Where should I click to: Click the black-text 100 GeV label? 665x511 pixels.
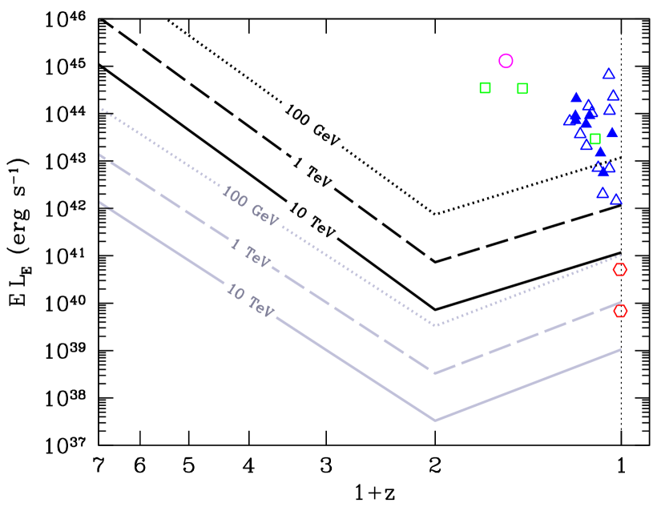tap(312, 124)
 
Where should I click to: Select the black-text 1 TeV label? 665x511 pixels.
tap(312, 172)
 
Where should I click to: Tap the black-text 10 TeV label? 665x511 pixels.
tap(312, 219)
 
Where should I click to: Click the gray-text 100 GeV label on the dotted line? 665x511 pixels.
tap(250, 206)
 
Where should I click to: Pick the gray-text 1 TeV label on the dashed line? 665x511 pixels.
tap(250, 252)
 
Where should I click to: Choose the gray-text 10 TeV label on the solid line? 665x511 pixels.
tap(250, 300)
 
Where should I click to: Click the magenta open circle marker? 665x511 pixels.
tap(506, 61)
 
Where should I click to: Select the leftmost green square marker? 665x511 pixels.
tap(485, 87)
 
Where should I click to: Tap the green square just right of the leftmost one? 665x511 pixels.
tap(522, 88)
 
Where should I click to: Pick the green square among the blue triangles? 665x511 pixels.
tap(595, 139)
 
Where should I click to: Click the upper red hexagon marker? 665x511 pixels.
tap(619, 270)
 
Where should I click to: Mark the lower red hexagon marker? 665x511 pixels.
tap(620, 311)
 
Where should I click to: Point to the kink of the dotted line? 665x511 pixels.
tap(435, 325)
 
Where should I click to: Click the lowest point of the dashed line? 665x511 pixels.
tap(435, 373)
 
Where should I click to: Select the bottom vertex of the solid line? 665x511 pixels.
tap(435, 420)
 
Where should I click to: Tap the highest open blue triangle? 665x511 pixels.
tap(609, 74)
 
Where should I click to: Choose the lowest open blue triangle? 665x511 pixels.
tap(616, 199)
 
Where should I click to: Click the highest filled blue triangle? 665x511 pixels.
tap(576, 98)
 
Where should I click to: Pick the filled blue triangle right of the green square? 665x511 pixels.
tap(612, 132)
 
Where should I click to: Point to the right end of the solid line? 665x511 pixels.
tap(621, 349)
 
